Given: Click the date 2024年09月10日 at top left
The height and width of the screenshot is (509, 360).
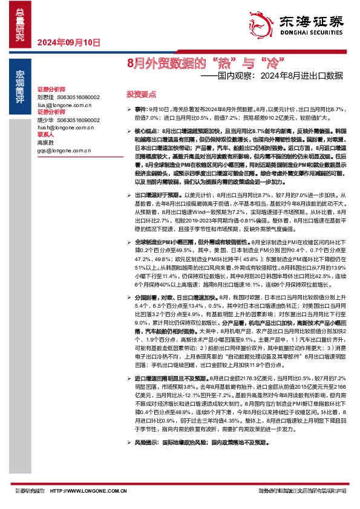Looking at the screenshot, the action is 67,42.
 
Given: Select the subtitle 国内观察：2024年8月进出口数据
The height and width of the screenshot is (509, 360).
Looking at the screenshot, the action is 272,76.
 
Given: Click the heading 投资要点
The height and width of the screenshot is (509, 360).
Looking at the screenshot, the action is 141,95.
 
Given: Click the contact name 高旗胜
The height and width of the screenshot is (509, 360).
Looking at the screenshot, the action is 45,143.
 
